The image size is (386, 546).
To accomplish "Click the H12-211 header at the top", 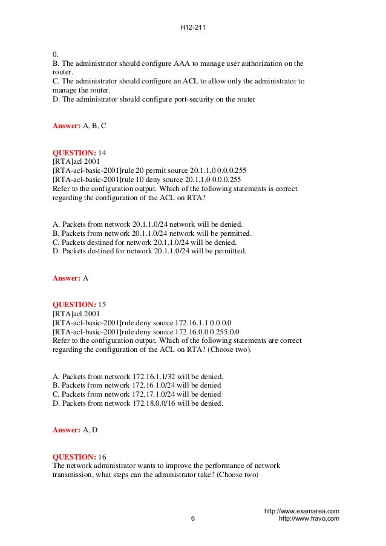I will pyautogui.click(x=192, y=27).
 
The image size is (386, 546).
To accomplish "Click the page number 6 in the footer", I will pyautogui.click(x=192, y=519).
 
